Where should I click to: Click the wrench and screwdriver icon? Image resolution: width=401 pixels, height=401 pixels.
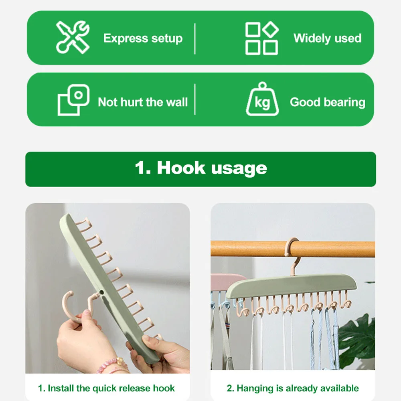click(x=73, y=37)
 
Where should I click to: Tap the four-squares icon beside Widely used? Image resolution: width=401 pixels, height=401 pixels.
click(x=261, y=38)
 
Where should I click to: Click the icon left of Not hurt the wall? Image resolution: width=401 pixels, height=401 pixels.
click(x=73, y=100)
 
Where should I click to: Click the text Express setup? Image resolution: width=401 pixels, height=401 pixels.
click(x=143, y=38)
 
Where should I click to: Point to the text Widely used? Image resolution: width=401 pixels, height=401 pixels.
click(x=327, y=38)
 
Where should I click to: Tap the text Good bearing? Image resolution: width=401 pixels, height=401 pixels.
click(x=327, y=102)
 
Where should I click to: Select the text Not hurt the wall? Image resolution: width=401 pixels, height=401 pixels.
click(x=143, y=102)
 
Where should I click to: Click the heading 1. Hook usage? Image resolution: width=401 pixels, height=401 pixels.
click(x=200, y=168)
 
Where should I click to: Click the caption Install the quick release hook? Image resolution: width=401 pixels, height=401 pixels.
click(x=107, y=388)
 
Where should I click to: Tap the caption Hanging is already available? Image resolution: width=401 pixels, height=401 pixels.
click(x=293, y=388)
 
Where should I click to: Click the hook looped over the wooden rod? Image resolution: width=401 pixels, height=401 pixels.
click(x=292, y=253)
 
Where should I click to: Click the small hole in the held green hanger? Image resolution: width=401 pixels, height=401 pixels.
click(x=102, y=293)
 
